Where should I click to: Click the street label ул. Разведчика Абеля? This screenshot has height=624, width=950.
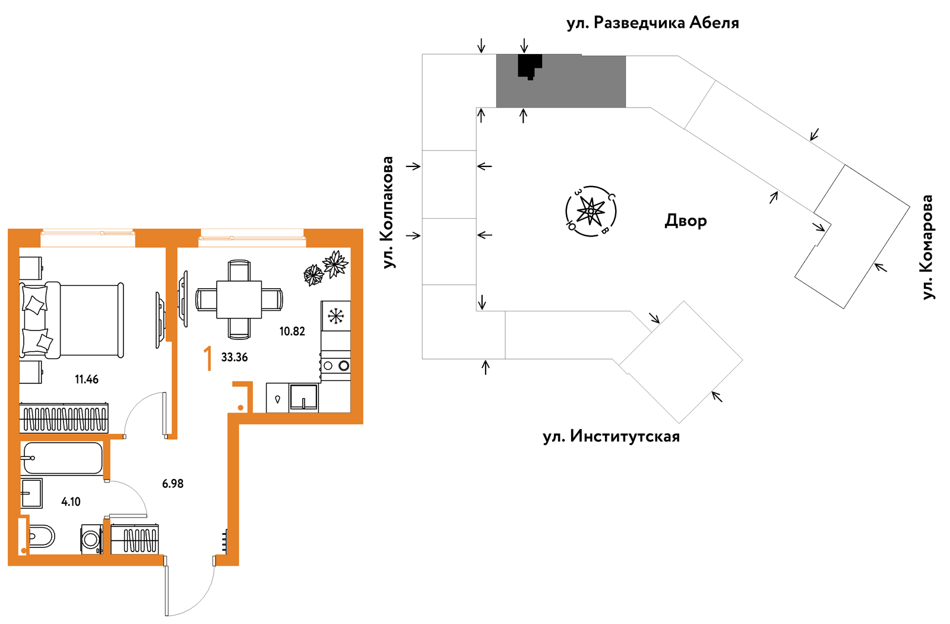[x=653, y=23]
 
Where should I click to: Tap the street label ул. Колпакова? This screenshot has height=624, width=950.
[x=388, y=212]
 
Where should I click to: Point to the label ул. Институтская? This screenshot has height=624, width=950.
[x=611, y=437]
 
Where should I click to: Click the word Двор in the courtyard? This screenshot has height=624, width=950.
[x=685, y=220]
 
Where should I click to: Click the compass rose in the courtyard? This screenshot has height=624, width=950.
[x=591, y=211]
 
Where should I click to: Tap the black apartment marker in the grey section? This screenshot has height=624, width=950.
[x=530, y=66]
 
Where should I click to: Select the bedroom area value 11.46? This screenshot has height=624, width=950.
[x=87, y=380]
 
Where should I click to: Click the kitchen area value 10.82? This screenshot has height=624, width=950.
[x=292, y=331]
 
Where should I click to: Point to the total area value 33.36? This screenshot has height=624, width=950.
[x=234, y=357]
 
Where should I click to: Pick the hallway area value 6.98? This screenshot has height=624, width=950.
[x=173, y=484]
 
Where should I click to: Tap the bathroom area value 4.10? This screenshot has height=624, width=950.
[x=71, y=502]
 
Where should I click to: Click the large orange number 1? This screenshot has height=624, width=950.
[x=208, y=359]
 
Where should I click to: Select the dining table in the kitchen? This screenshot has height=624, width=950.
[x=239, y=300]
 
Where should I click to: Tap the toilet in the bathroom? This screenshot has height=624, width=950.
[x=41, y=537]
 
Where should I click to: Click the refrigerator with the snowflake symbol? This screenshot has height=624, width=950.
[x=335, y=316]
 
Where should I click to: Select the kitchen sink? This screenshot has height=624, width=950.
[x=303, y=398]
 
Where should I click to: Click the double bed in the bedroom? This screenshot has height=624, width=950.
[x=71, y=320]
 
